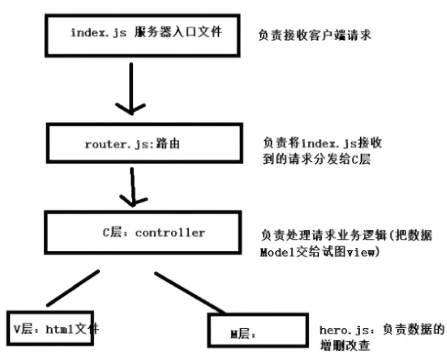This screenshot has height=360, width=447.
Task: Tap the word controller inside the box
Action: click(x=170, y=232)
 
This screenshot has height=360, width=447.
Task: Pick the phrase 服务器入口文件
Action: click(x=180, y=32)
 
